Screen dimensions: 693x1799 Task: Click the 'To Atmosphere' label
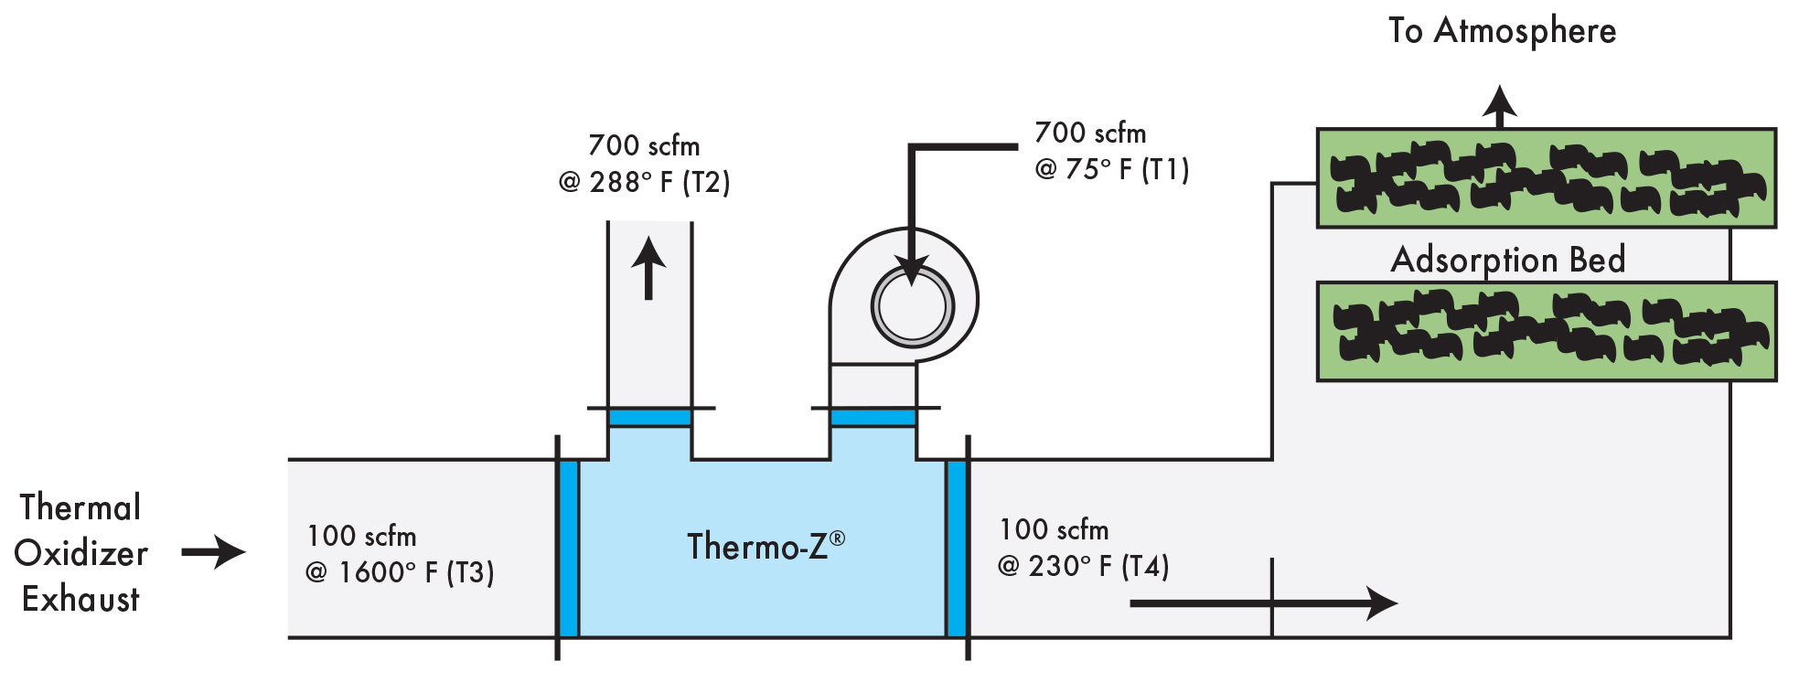pyautogui.click(x=1502, y=31)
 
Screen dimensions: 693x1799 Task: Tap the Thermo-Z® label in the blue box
pyautogui.click(x=766, y=546)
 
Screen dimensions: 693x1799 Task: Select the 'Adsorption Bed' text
pyautogui.click(x=1508, y=260)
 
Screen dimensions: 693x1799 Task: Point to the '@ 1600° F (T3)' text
pyautogui.click(x=400, y=572)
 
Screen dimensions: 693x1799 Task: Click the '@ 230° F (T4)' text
pyautogui.click(x=1083, y=566)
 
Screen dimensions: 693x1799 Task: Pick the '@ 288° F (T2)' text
pyautogui.click(x=644, y=182)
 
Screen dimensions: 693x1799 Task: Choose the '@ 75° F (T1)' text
pyautogui.click(x=1111, y=169)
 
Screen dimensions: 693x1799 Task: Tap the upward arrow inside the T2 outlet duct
pyautogui.click(x=648, y=268)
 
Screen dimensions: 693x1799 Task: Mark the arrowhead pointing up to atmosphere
pyautogui.click(x=1499, y=103)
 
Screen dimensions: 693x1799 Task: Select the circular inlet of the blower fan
pyautogui.click(x=912, y=306)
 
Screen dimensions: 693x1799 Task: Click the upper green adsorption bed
pyautogui.click(x=1546, y=178)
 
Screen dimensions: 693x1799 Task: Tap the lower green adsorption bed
pyautogui.click(x=1546, y=331)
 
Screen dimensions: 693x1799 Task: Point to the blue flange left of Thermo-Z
pyautogui.click(x=568, y=549)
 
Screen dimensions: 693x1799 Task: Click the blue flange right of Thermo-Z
pyautogui.click(x=957, y=549)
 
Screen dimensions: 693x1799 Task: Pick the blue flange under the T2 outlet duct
pyautogui.click(x=649, y=418)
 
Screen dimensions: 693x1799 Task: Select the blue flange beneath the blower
pyautogui.click(x=873, y=418)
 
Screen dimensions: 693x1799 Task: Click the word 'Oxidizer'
pyautogui.click(x=80, y=554)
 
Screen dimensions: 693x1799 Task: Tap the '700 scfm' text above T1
pyautogui.click(x=1089, y=133)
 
